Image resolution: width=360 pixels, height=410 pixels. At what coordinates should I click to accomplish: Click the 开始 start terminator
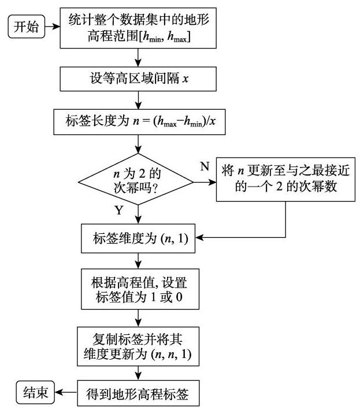27,27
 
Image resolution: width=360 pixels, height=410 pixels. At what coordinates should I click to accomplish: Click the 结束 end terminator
35,393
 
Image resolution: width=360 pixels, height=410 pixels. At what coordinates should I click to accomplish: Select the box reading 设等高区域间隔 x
138,79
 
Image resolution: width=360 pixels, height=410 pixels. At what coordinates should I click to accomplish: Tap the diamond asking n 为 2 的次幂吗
136,179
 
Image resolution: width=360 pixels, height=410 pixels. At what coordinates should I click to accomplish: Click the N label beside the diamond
205,166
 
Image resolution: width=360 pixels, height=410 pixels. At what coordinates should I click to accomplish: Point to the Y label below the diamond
119,210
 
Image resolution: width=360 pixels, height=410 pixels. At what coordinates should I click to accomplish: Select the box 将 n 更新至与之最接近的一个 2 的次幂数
285,180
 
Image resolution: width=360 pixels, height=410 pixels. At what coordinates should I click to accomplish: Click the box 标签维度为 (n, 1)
138,238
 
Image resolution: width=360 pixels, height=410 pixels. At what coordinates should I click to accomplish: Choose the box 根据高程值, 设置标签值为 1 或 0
140,289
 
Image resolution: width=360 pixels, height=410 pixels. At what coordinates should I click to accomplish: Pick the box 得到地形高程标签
138,393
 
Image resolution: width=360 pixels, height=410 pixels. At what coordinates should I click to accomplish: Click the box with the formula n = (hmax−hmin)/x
139,122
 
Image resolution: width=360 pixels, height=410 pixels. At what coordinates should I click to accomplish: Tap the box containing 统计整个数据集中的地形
138,28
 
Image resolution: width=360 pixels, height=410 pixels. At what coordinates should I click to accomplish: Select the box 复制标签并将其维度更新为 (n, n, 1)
138,346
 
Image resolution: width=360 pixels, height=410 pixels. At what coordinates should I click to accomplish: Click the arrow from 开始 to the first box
53,27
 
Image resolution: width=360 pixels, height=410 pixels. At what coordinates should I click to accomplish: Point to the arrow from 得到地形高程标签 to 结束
66,392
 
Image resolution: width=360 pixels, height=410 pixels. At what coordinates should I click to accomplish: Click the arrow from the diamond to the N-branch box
205,182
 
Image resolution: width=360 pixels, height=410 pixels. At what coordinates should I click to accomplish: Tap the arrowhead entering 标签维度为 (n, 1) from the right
199,237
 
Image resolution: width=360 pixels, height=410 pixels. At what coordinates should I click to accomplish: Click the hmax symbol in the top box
177,36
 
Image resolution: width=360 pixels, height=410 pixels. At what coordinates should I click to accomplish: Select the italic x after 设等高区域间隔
185,79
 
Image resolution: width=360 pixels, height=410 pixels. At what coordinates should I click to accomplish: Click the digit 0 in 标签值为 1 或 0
179,297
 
